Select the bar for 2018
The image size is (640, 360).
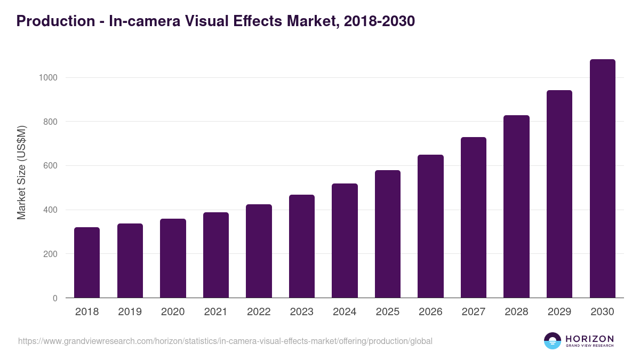[x=87, y=262]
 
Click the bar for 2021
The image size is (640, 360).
[x=216, y=255]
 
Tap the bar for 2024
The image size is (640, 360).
[x=345, y=241]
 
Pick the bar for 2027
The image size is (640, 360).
[x=474, y=218]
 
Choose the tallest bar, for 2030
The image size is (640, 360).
[x=603, y=179]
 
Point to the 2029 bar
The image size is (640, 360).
[x=559, y=194]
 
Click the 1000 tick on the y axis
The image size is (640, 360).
[x=48, y=78]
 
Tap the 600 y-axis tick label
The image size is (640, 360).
[x=50, y=166]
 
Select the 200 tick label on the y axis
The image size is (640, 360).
[x=50, y=254]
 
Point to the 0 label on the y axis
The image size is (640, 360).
[x=55, y=298]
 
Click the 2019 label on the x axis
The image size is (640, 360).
[x=130, y=312]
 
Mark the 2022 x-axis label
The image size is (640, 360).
[x=259, y=312]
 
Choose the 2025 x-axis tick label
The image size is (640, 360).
[x=388, y=312]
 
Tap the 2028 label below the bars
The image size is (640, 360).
[x=516, y=312]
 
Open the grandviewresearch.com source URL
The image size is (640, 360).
[x=225, y=341]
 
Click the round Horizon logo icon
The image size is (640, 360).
[x=553, y=341]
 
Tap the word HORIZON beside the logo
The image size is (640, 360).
[x=589, y=339]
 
